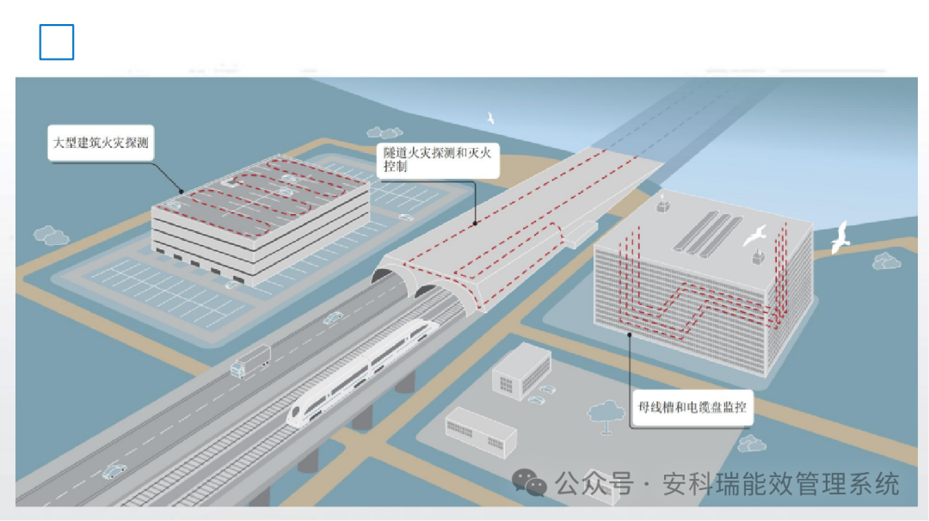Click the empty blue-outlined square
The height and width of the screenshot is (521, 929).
[57, 42]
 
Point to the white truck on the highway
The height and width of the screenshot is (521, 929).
[250, 361]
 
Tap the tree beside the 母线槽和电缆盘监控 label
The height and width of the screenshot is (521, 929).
[606, 413]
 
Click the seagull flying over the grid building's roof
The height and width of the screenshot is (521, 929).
[755, 234]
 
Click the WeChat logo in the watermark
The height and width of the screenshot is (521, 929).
[529, 483]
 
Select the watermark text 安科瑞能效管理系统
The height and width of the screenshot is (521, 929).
[780, 483]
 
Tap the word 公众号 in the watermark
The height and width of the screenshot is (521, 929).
[594, 483]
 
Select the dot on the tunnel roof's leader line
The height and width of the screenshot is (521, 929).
[475, 224]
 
